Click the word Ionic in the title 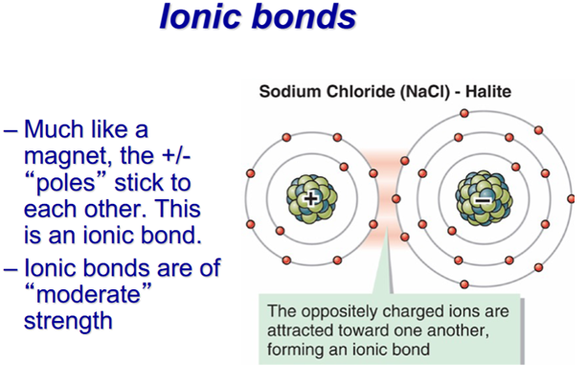click(x=200, y=16)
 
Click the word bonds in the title click(x=304, y=16)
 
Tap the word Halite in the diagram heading click(x=488, y=92)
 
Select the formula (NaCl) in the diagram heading click(x=425, y=92)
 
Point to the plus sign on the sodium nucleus click(x=310, y=198)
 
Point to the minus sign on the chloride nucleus click(x=483, y=201)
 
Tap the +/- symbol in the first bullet click(x=176, y=155)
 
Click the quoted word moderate click(x=88, y=294)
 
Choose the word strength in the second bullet click(x=68, y=321)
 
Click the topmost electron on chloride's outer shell click(x=464, y=113)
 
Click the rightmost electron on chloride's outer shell click(x=571, y=199)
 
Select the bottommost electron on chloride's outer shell click(x=464, y=284)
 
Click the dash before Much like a click(x=11, y=132)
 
